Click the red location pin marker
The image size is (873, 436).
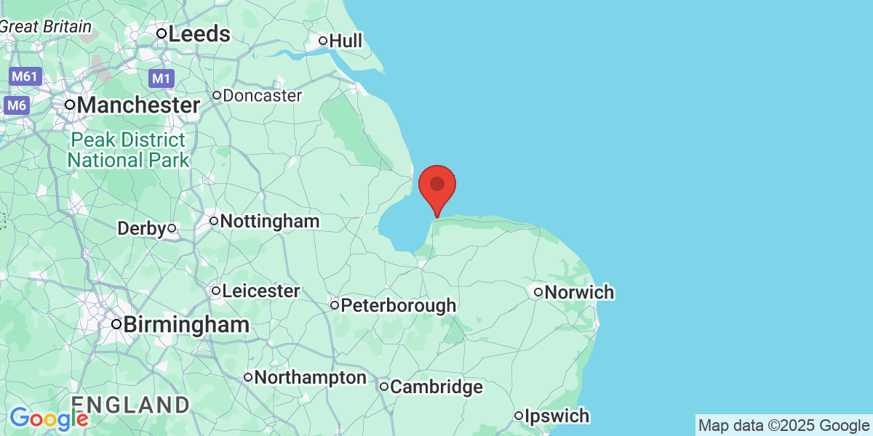click(437, 186)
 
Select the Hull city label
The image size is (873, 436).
click(346, 41)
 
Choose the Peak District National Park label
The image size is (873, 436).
click(128, 150)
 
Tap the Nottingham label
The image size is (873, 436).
click(269, 221)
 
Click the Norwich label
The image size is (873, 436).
click(579, 293)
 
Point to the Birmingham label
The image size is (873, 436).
click(186, 325)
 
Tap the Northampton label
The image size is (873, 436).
click(311, 378)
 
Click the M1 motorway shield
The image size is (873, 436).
click(161, 78)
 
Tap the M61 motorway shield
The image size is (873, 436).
click(26, 76)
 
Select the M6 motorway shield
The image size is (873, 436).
click(17, 106)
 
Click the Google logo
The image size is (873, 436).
click(49, 419)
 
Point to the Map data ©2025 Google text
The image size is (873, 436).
click(784, 425)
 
